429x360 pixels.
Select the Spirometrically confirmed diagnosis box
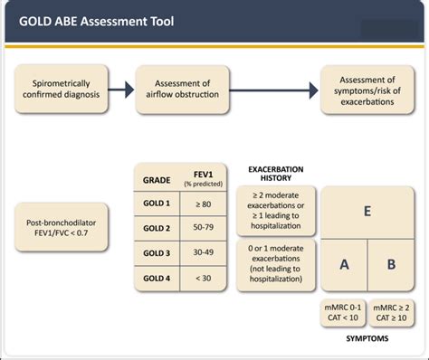pos(63,88)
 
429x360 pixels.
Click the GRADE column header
pos(156,179)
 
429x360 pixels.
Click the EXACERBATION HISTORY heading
pos(277,174)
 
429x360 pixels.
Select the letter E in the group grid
pos(367,211)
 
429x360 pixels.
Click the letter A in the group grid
pos(345,264)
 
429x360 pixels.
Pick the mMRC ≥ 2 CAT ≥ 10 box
pos(389,312)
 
